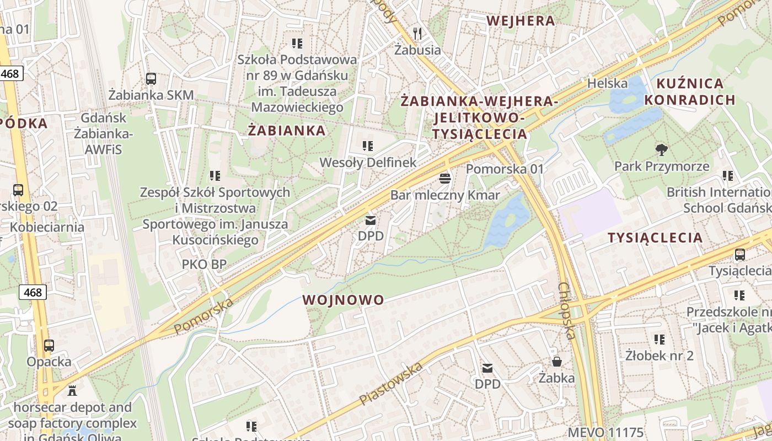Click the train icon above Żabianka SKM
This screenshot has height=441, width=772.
151,79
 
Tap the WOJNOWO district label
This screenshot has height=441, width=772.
343,300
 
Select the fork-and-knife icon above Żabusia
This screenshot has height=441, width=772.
417,34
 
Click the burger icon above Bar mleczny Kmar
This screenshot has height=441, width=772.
445,179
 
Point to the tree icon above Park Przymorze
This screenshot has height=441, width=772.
661,149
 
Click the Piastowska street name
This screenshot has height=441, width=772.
391,383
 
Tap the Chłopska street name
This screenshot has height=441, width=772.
567,311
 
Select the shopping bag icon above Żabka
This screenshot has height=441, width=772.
557,362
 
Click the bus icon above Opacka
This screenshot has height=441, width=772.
49,346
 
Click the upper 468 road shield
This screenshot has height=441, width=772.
11,73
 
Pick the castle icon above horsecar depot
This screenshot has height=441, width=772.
72,391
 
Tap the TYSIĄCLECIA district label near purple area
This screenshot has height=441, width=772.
655,238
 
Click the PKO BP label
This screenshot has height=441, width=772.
204,264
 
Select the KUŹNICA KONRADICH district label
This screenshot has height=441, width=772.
690,92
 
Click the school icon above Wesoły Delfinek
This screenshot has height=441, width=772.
368,146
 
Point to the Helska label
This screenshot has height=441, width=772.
607,83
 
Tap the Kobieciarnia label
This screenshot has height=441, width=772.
47,227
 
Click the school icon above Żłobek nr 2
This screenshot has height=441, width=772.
660,339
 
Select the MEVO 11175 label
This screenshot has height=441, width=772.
605,432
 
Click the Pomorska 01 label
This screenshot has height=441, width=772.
505,169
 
